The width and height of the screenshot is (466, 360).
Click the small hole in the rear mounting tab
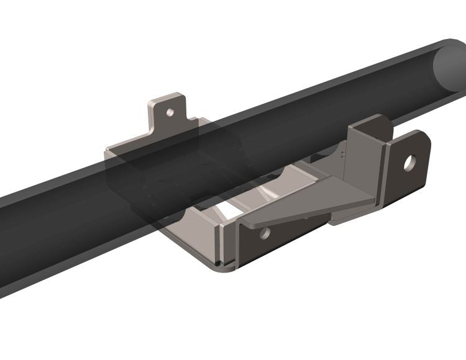(168, 113)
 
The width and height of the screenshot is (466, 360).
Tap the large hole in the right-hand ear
(409, 163)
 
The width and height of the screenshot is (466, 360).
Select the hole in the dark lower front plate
(265, 233)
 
